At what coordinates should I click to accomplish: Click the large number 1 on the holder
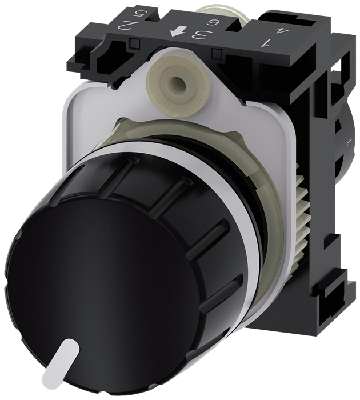tap(265, 41)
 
